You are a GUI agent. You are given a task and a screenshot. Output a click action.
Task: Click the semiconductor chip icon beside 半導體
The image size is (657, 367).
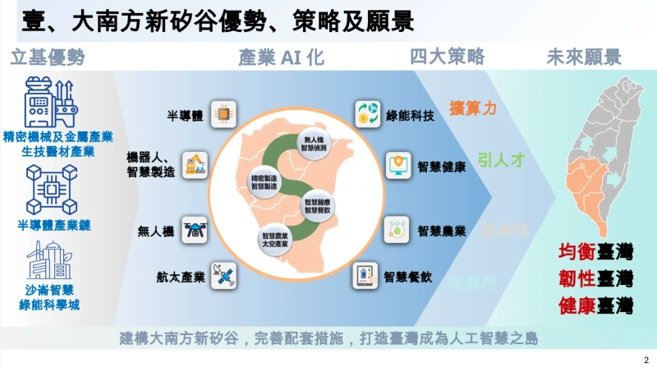[220, 112]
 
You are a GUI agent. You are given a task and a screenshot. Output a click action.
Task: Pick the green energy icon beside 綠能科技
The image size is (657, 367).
[365, 114]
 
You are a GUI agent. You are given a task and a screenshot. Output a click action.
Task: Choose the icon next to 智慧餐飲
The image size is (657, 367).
[365, 277]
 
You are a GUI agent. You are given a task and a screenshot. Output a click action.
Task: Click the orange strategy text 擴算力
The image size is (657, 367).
[472, 108]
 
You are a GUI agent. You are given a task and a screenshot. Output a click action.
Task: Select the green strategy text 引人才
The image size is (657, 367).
[501, 158]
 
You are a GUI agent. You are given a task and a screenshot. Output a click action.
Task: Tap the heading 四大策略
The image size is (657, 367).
[448, 57]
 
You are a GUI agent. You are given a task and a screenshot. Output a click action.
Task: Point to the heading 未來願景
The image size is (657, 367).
[584, 57]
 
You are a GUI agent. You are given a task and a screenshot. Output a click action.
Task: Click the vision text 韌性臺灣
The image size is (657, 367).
[595, 278]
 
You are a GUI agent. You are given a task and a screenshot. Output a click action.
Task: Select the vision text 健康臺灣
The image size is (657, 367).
[595, 305]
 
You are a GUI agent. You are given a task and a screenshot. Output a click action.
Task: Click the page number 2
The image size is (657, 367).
[645, 359]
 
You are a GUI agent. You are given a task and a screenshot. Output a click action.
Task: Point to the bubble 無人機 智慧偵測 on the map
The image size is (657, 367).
[315, 143]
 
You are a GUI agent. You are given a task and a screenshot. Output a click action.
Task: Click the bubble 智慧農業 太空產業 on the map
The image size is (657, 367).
[267, 240]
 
